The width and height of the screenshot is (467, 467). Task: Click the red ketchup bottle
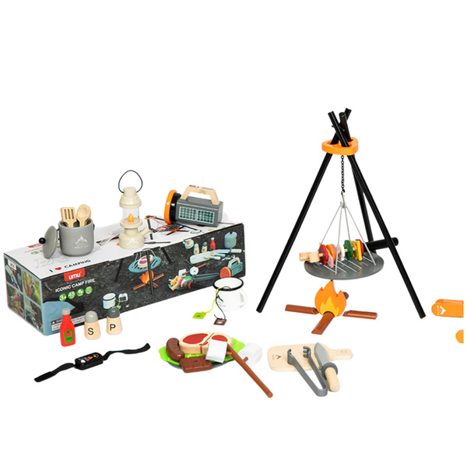67,328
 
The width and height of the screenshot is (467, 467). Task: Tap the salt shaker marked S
92,327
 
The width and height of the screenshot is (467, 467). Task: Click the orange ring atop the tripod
341,146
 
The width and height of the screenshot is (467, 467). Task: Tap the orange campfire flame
330,300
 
